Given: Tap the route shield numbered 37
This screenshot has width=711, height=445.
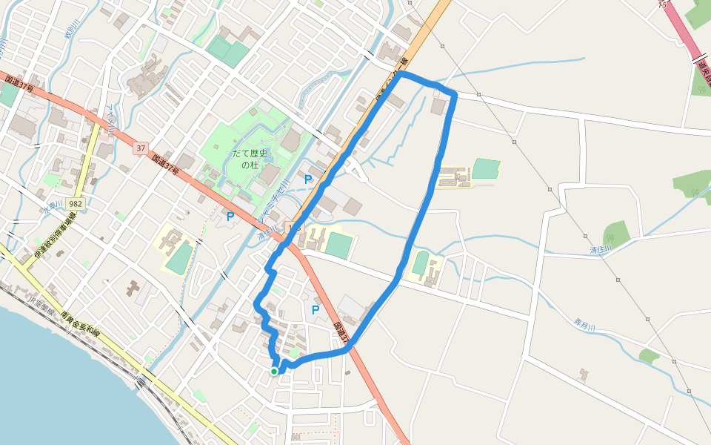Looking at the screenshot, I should coord(141,148).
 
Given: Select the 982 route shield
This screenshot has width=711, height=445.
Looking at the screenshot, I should coord(74,203).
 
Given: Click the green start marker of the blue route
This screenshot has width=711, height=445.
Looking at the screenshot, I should coord(274,371).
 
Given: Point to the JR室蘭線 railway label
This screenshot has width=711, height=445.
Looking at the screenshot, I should coord(41,305).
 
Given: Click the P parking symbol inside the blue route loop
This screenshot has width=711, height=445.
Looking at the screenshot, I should coord(316,309).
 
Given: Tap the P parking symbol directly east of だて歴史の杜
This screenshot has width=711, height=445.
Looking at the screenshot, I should coord(307,179).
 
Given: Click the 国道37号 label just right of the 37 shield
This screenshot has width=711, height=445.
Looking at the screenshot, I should coord(167,165).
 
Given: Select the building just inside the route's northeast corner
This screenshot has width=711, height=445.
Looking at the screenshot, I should coord(438,108).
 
